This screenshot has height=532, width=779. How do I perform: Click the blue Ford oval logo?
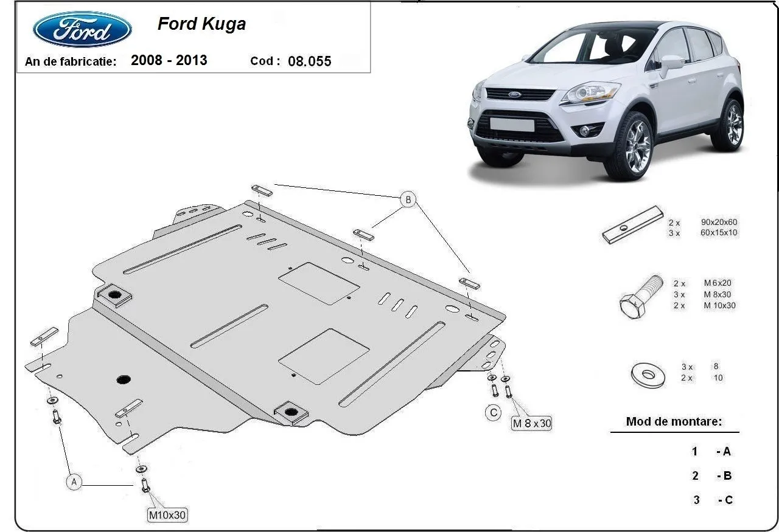(82, 29)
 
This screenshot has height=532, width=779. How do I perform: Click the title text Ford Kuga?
(201, 24)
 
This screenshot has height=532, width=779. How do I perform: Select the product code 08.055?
(310, 61)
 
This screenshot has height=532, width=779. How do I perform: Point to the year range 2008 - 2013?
(169, 60)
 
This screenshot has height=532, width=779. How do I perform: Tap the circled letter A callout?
(74, 482)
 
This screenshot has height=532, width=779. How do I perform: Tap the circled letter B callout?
(408, 199)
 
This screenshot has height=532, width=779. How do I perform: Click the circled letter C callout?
(493, 413)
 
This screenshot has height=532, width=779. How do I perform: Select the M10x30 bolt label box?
(167, 514)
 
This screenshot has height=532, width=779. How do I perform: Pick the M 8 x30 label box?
(532, 423)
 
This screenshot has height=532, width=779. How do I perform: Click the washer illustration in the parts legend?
(648, 375)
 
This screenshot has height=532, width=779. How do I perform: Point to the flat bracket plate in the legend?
(633, 225)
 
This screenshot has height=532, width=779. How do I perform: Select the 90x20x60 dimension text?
(719, 222)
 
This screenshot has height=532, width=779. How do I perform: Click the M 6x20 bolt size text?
(718, 283)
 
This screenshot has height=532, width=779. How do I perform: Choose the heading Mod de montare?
(674, 421)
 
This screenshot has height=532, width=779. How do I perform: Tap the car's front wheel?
(628, 147)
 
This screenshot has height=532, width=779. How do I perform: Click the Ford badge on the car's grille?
(514, 94)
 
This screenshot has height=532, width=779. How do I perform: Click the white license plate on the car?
(512, 125)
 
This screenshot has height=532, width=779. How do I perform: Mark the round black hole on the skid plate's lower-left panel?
(124, 379)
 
